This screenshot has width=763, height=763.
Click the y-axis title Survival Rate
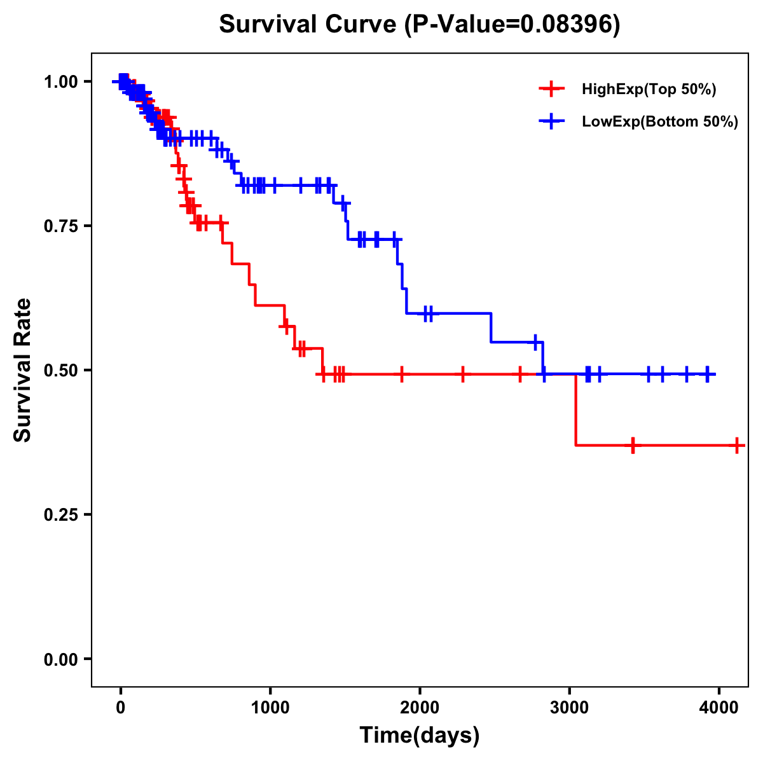click(x=23, y=369)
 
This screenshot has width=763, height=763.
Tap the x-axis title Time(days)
click(x=420, y=735)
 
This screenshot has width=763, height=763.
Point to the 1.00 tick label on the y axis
click(x=61, y=82)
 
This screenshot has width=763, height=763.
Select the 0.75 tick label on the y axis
click(x=61, y=226)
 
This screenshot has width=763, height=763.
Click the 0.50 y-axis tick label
click(x=61, y=371)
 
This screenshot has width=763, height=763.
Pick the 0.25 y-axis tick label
click(x=61, y=515)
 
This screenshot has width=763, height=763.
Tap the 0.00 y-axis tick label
click(x=61, y=659)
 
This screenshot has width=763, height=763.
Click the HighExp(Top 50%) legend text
click(x=649, y=90)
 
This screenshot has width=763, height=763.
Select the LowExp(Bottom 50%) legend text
click(x=660, y=122)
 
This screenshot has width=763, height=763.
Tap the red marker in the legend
click(x=551, y=89)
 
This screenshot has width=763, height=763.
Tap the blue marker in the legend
click(x=551, y=121)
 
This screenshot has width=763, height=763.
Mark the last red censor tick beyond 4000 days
click(x=736, y=445)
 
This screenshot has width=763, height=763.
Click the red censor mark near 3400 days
click(x=633, y=445)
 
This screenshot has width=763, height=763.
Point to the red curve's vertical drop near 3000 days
click(x=575, y=410)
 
